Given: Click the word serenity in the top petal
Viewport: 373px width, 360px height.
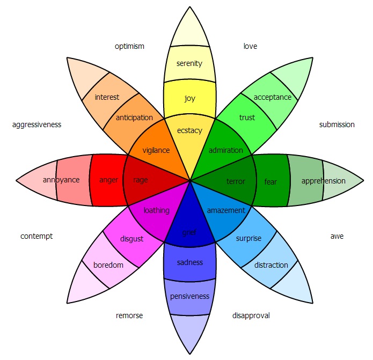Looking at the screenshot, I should pyautogui.click(x=189, y=64).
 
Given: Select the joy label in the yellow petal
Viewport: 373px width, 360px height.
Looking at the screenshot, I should pyautogui.click(x=189, y=98).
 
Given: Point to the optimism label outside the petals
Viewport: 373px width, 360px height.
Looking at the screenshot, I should pyautogui.click(x=129, y=46).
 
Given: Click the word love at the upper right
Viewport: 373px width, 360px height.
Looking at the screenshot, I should pyautogui.click(x=250, y=46).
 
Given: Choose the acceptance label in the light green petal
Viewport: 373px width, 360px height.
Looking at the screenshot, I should pyautogui.click(x=273, y=97).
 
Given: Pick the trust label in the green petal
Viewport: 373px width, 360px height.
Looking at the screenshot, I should pyautogui.click(x=247, y=117).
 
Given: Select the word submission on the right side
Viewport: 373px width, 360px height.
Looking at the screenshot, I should pyautogui.click(x=337, y=124).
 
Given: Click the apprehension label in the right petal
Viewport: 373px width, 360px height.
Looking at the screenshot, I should pyautogui.click(x=323, y=181).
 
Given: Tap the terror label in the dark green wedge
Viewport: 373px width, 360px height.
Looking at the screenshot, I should pyautogui.click(x=236, y=181).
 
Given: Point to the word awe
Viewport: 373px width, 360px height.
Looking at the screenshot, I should pyautogui.click(x=337, y=236).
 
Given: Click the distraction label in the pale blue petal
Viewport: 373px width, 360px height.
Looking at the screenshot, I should pyautogui.click(x=271, y=265).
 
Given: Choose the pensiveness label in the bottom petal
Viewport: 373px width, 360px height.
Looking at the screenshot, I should pyautogui.click(x=189, y=296).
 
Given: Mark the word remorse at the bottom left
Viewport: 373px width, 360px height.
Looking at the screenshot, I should pyautogui.click(x=129, y=315).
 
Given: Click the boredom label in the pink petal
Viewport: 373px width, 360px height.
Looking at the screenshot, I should pyautogui.click(x=108, y=265).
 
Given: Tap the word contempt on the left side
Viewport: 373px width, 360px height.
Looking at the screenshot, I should pyautogui.click(x=36, y=236).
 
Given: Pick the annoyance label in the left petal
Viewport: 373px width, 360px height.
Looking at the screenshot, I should pyautogui.click(x=61, y=180).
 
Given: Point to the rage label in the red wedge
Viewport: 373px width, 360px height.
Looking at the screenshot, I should pyautogui.click(x=141, y=180).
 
